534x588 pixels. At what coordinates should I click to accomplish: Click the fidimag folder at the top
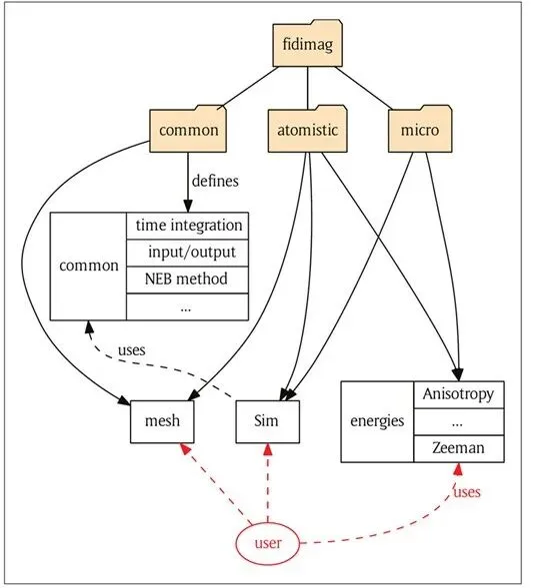coord(308,44)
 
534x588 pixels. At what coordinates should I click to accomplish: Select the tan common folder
coord(188,129)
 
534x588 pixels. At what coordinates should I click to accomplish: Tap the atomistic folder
coord(308,129)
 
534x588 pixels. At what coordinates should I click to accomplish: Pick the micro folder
coord(420,129)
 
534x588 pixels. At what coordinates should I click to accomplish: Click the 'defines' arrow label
coord(215,181)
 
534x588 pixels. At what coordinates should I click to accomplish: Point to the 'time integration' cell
coord(187,226)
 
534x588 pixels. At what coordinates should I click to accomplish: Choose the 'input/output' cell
coord(187,253)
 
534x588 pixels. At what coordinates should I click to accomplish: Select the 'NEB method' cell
coord(187,280)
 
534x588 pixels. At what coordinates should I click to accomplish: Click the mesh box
coord(162,421)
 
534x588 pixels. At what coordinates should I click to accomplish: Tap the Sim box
coord(267,421)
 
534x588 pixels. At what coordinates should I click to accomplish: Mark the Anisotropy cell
coord(459,394)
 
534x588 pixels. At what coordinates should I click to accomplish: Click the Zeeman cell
coord(459,448)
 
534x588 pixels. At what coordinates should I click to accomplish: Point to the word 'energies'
coord(377,421)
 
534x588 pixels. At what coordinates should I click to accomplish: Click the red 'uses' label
coord(467,491)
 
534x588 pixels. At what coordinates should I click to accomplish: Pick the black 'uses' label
coord(131,349)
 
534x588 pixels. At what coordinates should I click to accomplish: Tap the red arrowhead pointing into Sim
coord(268,449)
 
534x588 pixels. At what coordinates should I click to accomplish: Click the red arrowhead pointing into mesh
coord(186,448)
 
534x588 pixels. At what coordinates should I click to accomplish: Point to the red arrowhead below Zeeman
coord(458,469)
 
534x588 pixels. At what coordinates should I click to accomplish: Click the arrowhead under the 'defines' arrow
coord(188,207)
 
